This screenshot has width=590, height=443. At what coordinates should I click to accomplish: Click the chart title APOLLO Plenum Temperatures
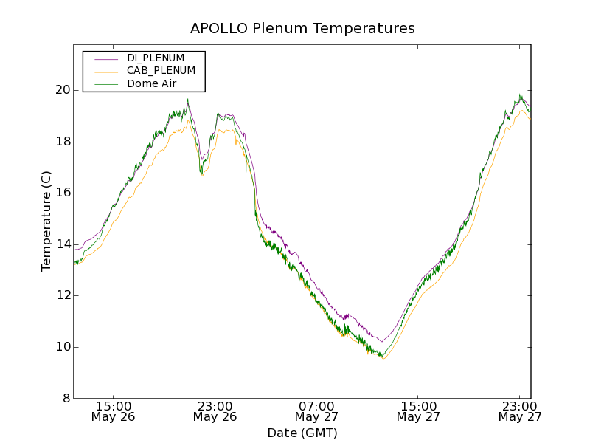tap(302, 29)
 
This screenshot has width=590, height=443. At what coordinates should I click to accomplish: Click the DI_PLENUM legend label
tap(156, 58)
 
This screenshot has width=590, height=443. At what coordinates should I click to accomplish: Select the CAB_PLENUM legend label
tap(161, 71)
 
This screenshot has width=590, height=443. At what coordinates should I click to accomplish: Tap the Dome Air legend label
tap(151, 83)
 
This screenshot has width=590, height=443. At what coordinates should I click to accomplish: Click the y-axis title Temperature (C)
tap(46, 221)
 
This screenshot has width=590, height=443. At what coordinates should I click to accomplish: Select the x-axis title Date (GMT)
tap(302, 433)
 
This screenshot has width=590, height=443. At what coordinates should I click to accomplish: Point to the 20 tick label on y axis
tap(62, 90)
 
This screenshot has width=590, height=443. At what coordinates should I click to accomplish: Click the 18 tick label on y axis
tap(62, 142)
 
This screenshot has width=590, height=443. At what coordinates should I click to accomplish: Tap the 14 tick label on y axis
tap(62, 244)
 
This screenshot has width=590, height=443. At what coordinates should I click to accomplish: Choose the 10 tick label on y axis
tap(62, 347)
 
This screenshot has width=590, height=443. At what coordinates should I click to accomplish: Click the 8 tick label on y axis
tap(66, 399)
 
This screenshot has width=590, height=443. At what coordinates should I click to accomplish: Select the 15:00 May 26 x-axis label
tap(114, 411)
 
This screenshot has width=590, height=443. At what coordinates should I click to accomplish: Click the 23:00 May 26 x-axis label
tap(215, 411)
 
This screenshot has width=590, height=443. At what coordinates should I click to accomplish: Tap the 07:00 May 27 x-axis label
tap(316, 411)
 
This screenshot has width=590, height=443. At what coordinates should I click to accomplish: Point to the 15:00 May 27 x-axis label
tap(418, 411)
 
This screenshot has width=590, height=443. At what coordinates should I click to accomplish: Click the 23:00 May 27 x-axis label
tap(519, 411)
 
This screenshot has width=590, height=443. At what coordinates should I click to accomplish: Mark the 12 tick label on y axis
tap(62, 296)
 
